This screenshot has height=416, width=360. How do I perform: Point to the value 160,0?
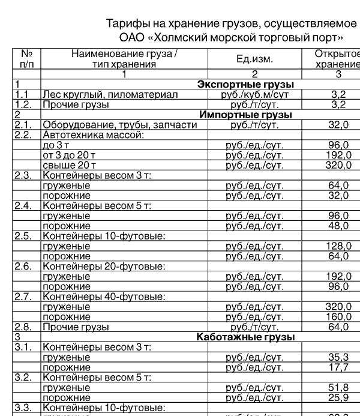(338, 317)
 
